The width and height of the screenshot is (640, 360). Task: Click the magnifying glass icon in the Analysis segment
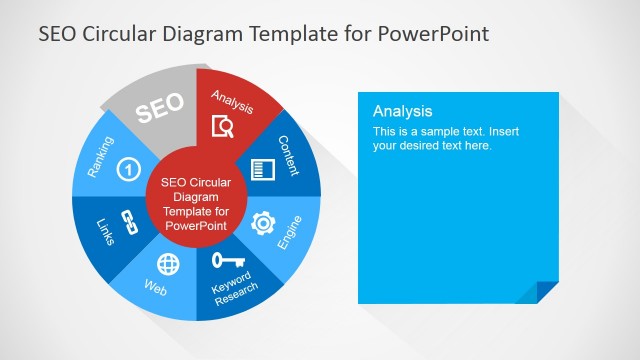pyautogui.click(x=224, y=126)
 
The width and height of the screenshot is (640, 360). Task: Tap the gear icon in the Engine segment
pyautogui.click(x=263, y=222)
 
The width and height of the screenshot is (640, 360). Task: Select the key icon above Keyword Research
pyautogui.click(x=224, y=262)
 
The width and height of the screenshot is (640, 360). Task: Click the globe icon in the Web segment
pyautogui.click(x=169, y=264)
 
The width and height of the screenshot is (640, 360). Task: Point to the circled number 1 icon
pyautogui.click(x=128, y=169)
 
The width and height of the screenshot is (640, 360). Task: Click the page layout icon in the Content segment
pyautogui.click(x=263, y=169)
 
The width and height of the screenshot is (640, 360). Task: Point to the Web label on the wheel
pyautogui.click(x=156, y=290)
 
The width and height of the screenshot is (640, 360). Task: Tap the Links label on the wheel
pyautogui.click(x=106, y=232)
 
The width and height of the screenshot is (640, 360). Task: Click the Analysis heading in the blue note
pyautogui.click(x=402, y=111)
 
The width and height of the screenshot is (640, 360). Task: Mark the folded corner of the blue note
pyautogui.click(x=548, y=292)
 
